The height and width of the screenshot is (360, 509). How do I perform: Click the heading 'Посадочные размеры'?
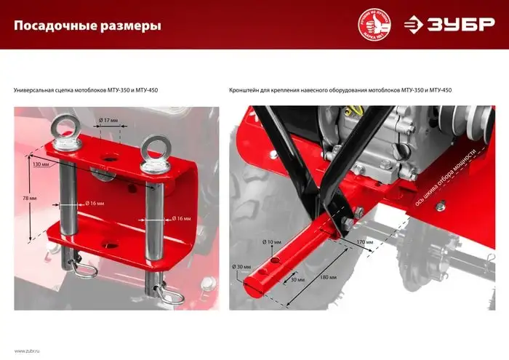88,26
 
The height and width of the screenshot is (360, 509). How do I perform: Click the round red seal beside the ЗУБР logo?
375,24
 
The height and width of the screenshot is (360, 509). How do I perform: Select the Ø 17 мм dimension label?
108,119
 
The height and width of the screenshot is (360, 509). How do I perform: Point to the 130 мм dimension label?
42,164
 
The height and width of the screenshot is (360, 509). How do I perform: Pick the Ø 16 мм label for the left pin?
97,203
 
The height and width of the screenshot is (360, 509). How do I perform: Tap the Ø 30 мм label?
242,267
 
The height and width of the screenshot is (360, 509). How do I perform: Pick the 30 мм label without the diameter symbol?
297,279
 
